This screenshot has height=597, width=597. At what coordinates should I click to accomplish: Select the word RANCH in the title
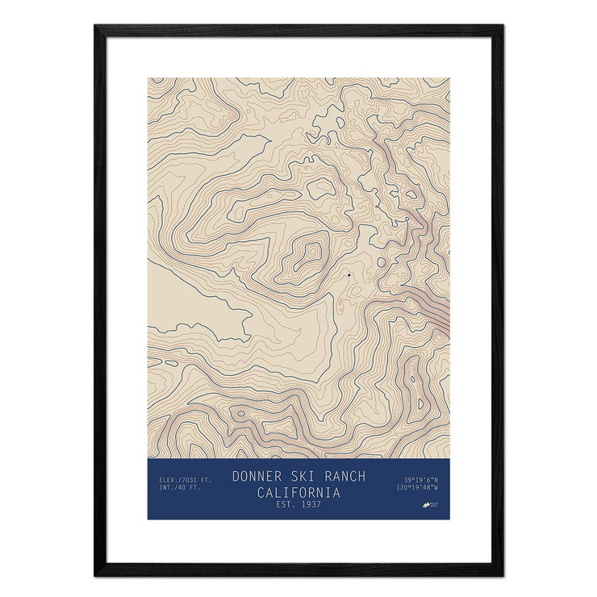(x=344, y=476)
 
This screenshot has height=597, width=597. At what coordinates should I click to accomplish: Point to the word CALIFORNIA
(x=298, y=492)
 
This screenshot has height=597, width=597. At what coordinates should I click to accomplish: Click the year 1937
(x=309, y=505)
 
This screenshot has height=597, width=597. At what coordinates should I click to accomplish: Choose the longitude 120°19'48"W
(x=417, y=488)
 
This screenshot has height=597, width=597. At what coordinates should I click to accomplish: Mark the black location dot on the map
(x=349, y=275)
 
